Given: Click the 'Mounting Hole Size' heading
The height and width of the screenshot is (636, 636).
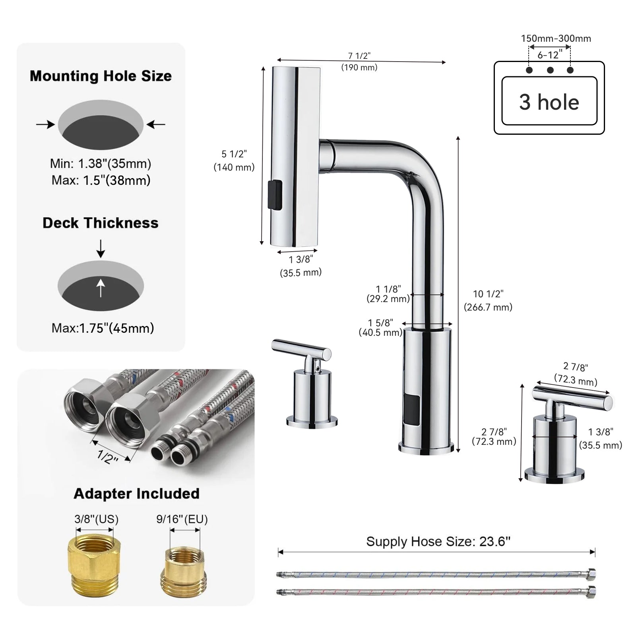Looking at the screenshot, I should click(101, 76).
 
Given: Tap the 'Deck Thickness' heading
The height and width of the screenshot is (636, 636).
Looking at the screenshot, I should click(101, 223).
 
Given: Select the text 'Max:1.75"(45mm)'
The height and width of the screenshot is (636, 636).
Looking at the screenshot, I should click(103, 328).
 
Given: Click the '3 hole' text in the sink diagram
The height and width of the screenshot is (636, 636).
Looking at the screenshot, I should click(549, 102).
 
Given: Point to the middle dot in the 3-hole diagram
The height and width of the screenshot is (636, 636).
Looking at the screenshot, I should click(550, 70).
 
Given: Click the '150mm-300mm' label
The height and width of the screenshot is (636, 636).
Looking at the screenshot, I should click(556, 39).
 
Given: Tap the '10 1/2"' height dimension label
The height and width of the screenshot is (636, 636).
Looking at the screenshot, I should click(488, 294).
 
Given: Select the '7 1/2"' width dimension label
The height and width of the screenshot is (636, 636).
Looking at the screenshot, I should click(359, 56).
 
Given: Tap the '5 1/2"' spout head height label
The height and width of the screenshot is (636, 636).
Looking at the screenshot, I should click(234, 154).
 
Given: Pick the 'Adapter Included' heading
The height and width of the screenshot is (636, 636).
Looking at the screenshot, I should click(136, 494).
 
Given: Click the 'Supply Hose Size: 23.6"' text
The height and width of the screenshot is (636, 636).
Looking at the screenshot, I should click(438, 541).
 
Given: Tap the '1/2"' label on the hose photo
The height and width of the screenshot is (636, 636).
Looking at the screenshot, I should click(108, 456).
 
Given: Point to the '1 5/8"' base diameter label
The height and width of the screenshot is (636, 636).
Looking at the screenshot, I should click(380, 323).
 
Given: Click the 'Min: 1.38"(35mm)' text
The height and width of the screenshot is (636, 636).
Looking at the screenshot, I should click(101, 163).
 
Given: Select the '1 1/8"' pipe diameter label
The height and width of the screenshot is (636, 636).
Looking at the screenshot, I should click(388, 289).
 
